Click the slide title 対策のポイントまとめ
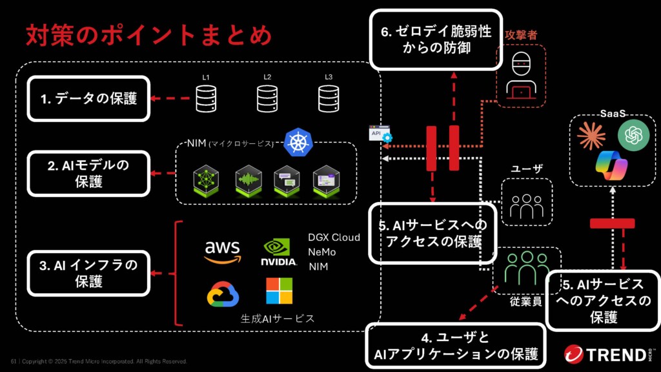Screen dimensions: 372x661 148,36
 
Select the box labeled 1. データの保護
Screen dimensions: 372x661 89,99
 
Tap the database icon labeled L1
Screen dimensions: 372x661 205,99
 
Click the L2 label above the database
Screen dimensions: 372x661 267,77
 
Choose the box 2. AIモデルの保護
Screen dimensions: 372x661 89,173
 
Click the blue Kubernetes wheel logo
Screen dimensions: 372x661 298,141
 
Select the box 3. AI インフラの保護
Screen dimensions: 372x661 89,273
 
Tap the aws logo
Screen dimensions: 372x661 222,251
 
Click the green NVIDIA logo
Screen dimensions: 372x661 279,252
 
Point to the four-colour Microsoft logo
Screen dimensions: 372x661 279,291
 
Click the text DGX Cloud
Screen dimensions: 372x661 334,238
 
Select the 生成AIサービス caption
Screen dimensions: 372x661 278,318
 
